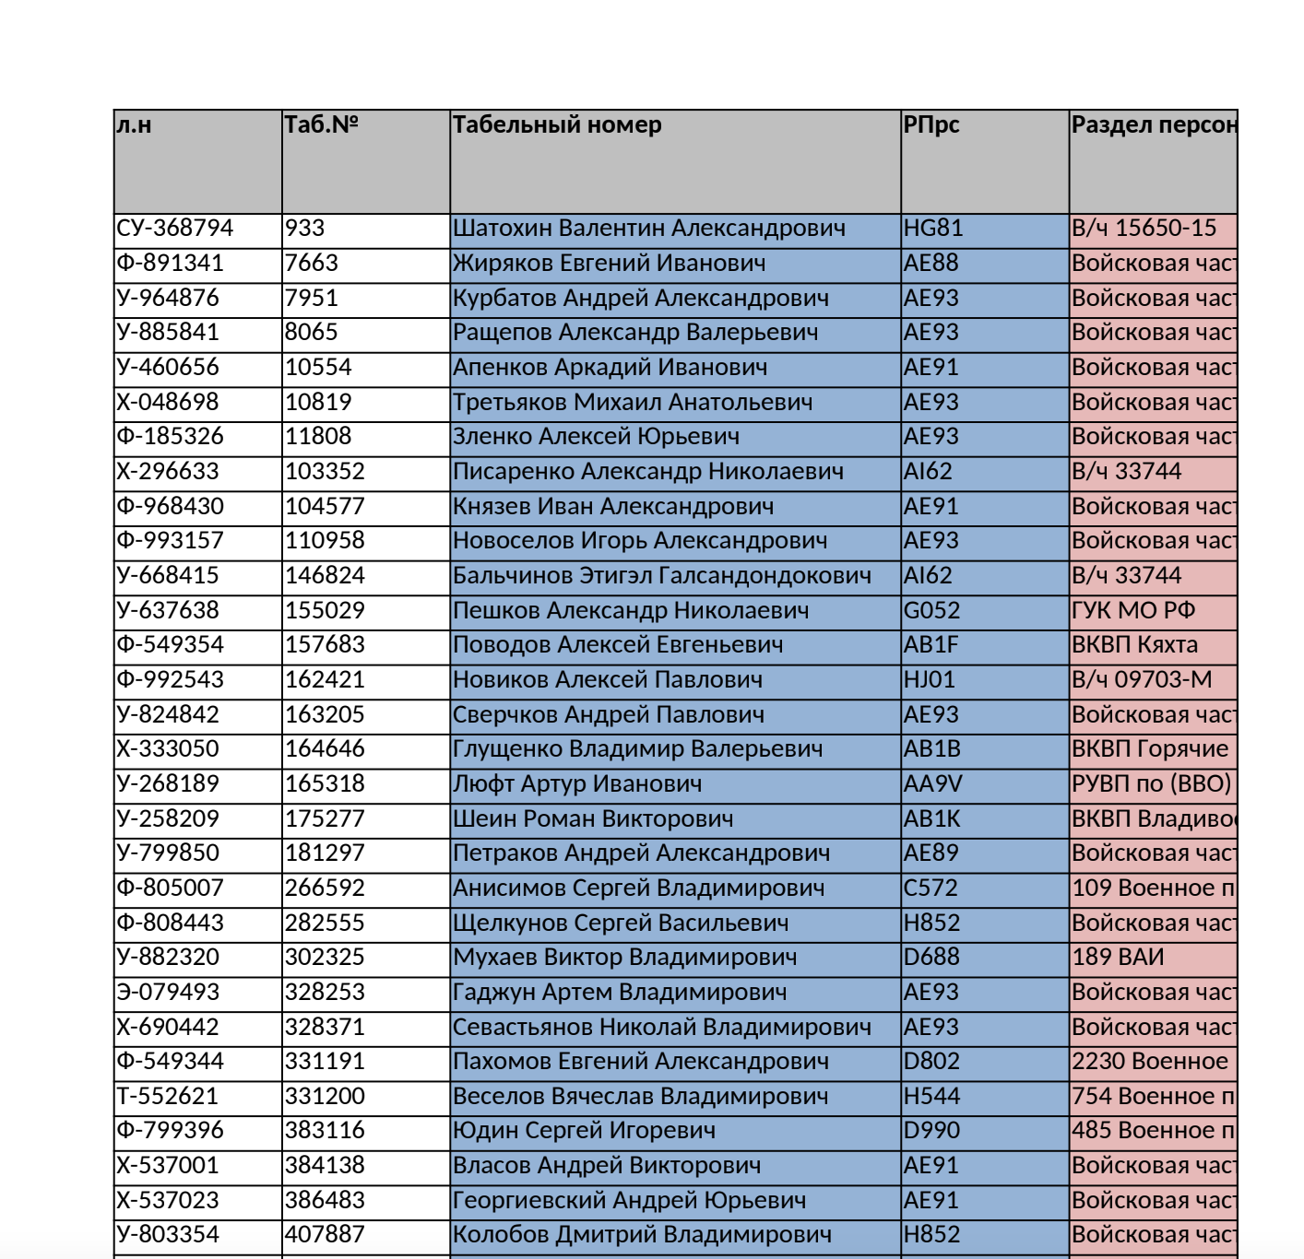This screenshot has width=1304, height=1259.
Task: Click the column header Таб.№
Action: tap(321, 125)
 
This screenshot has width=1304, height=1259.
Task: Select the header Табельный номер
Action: tap(557, 125)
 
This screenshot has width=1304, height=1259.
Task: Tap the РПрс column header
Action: tap(931, 125)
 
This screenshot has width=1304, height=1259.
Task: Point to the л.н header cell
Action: tap(134, 125)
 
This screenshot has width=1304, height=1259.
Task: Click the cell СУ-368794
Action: tap(175, 229)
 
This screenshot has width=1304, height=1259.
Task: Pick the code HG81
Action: tap(933, 229)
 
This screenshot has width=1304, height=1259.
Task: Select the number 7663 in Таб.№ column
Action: tap(312, 264)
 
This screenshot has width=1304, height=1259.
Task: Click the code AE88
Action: tap(931, 264)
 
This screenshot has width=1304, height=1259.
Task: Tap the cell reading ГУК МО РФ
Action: tap(1133, 611)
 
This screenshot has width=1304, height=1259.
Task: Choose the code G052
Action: tap(932, 611)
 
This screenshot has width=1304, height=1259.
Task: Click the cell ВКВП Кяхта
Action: tap(1135, 645)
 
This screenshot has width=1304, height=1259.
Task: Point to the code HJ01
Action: tap(930, 680)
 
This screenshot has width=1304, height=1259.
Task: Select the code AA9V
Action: tap(933, 784)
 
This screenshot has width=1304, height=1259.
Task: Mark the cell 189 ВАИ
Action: tap(1118, 958)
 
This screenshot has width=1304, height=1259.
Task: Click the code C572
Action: tap(931, 888)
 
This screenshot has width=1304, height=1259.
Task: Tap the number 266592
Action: tap(325, 888)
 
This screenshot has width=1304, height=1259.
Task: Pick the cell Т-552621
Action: tap(168, 1097)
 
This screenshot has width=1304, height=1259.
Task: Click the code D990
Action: tap(932, 1131)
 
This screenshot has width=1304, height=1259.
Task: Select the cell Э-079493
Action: tap(169, 993)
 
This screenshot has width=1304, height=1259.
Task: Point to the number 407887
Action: tap(325, 1235)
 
